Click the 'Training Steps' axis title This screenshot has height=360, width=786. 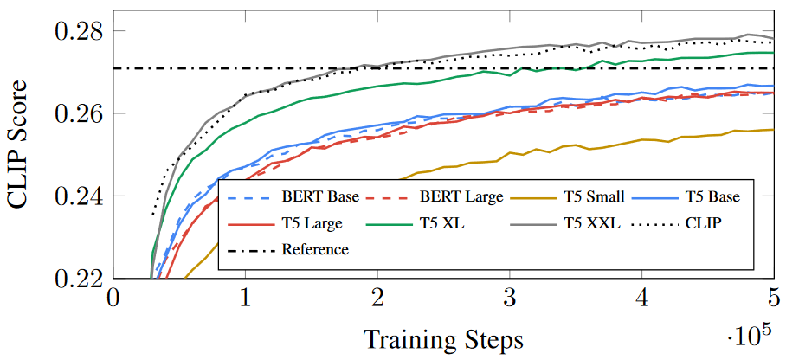443,337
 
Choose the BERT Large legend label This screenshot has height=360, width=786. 459,196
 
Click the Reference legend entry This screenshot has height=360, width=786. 315,249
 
